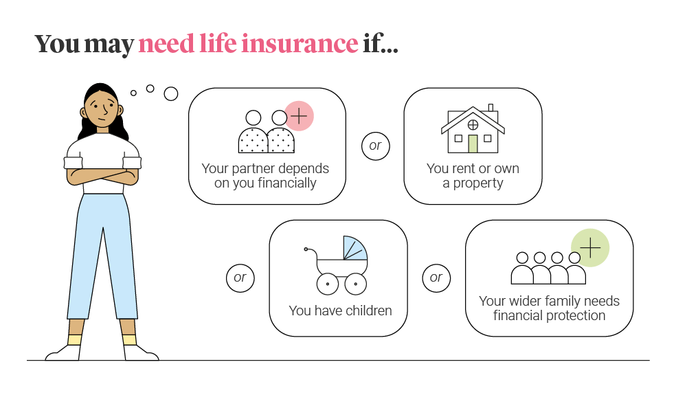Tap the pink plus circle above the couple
[299, 116]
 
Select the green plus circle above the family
[591, 248]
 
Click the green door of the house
[473, 144]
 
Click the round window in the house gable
[473, 125]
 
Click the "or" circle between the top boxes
[375, 146]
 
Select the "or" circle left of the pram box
[240, 278]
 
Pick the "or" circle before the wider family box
[436, 278]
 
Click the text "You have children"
[340, 311]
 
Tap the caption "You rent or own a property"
[473, 176]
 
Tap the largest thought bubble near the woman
[170, 93]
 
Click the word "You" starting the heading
[57, 43]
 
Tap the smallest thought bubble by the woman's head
[133, 93]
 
